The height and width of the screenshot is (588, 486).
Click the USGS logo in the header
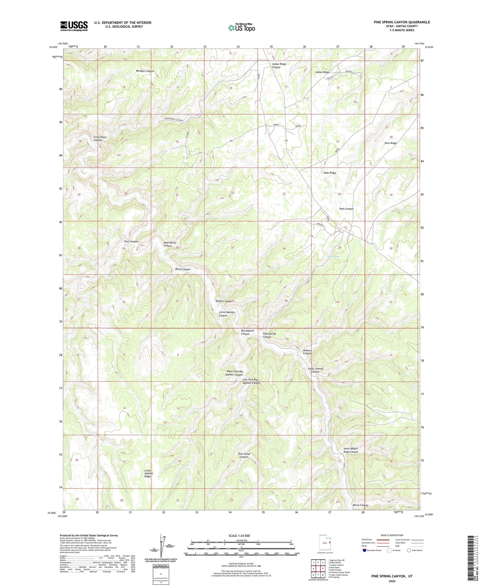click(74, 26)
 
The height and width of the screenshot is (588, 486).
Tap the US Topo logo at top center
click(241, 28)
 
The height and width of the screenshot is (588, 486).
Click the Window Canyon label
click(145, 71)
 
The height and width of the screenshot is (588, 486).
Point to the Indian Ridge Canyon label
click(279, 66)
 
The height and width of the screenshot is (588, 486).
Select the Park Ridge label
click(390, 143)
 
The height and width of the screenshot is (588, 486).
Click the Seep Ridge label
click(330, 173)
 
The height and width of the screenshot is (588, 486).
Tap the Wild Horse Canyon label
click(169, 244)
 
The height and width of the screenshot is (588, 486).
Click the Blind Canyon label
click(183, 269)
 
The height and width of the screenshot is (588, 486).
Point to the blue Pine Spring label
click(333, 257)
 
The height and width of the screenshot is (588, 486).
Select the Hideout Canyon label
click(307, 352)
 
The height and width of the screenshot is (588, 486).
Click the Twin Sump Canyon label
click(244, 455)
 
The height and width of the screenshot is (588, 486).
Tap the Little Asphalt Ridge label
click(148, 473)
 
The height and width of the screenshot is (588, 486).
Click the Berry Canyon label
click(360, 505)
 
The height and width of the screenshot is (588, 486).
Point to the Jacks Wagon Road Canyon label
click(351, 450)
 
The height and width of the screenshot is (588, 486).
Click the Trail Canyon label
click(131, 242)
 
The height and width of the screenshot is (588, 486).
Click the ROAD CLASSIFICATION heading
click(392, 535)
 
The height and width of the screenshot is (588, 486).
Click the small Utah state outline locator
click(325, 542)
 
